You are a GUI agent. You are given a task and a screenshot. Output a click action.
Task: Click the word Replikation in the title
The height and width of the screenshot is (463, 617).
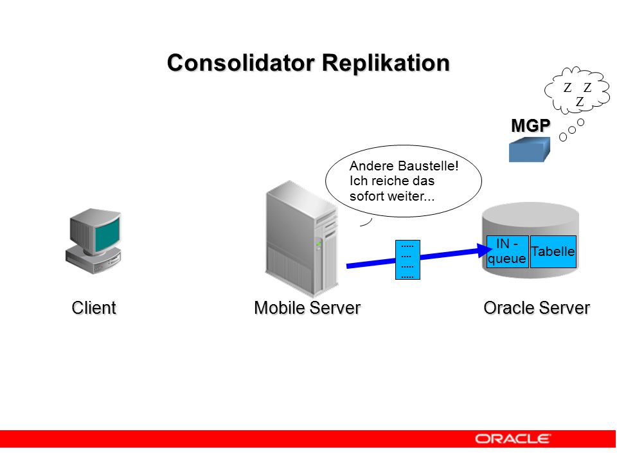(386, 64)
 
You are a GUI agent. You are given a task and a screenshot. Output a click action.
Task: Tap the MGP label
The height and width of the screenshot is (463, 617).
(530, 125)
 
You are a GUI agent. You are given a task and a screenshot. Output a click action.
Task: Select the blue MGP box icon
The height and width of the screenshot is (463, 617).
(529, 150)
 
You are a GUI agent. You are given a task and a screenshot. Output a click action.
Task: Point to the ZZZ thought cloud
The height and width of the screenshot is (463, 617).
(577, 90)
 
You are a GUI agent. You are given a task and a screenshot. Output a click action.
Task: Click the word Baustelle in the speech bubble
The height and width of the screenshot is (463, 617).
(427, 166)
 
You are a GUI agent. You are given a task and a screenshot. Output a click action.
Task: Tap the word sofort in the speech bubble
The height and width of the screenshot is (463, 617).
(368, 195)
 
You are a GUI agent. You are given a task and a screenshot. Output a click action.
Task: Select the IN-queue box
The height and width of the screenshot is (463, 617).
(507, 251)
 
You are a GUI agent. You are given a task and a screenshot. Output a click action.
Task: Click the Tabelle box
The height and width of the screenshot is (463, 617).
(553, 251)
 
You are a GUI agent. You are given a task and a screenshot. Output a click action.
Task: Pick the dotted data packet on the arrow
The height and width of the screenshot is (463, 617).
(407, 260)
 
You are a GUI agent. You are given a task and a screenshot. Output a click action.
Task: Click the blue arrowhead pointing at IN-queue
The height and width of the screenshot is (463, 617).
(484, 250)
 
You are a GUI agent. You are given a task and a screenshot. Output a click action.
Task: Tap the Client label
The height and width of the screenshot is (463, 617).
(94, 308)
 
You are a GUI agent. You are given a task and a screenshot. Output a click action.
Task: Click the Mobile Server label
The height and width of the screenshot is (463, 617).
(307, 308)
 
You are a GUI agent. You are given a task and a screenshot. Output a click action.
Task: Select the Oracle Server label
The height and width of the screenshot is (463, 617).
(537, 308)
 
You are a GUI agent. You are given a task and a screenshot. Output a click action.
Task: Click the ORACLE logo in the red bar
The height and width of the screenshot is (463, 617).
(513, 439)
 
